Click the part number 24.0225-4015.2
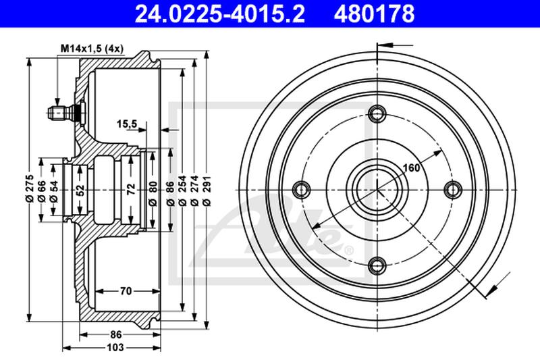[x=220, y=14]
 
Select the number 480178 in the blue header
[x=374, y=14]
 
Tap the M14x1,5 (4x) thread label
[x=92, y=49]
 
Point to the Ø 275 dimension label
[x=30, y=188]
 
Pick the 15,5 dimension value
[x=127, y=124]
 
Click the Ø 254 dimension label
[x=182, y=190]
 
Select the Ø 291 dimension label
[x=207, y=190]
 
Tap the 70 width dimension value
[x=126, y=292]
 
